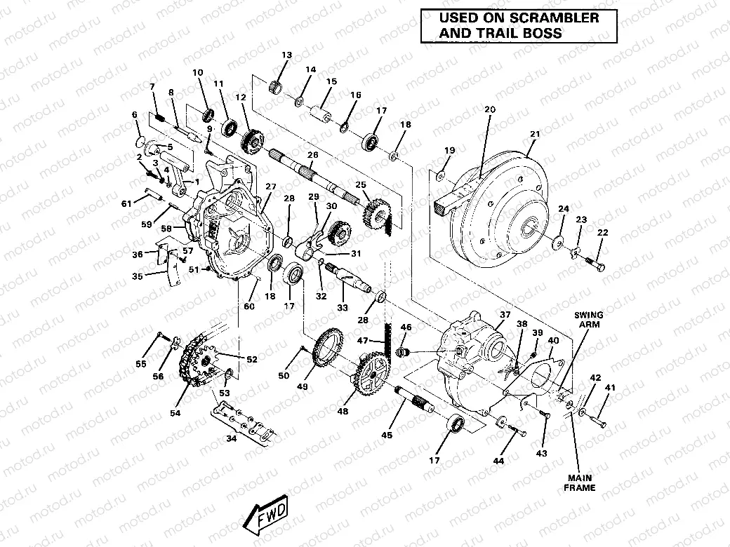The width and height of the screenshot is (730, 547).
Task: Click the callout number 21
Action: (x=535, y=134)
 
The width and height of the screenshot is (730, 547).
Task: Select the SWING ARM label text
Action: (x=588, y=320)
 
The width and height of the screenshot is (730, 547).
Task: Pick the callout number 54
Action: (x=174, y=414)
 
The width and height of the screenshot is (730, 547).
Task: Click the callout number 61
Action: (x=126, y=203)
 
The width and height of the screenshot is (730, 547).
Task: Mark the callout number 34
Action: (x=232, y=439)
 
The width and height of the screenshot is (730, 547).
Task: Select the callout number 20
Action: (x=489, y=109)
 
